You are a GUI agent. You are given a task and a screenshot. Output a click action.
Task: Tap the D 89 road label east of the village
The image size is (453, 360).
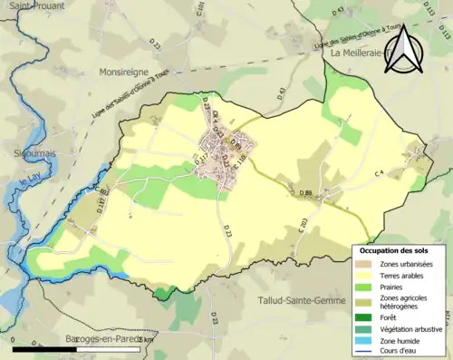pyautogui.click(x=305, y=193)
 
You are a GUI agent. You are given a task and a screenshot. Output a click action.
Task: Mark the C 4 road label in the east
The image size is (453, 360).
pyautogui.click(x=379, y=172)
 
